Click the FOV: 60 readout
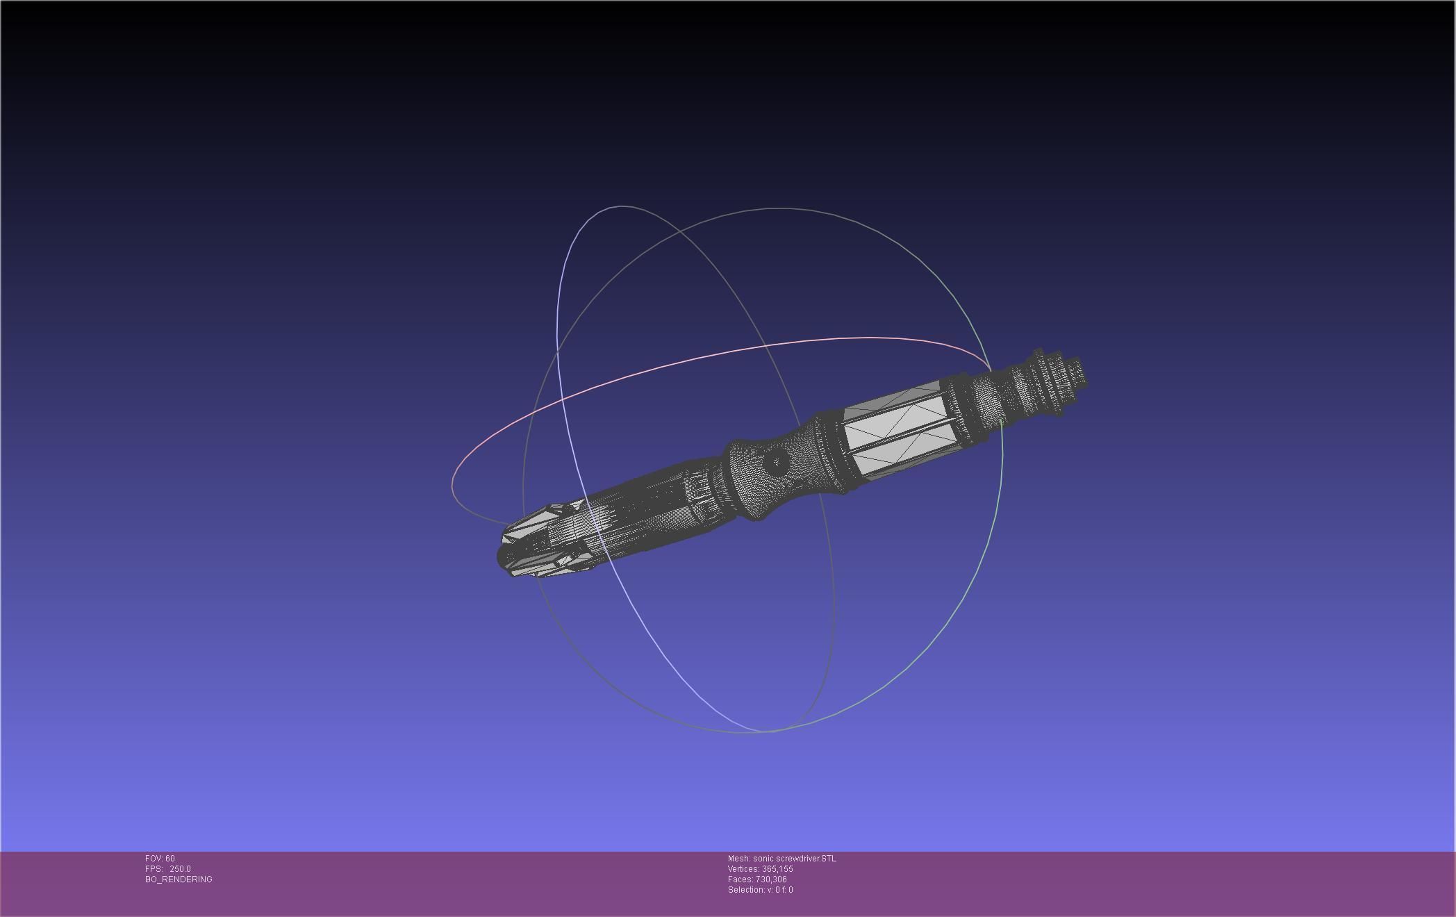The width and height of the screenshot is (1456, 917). click(160, 859)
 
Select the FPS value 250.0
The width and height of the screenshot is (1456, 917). click(180, 869)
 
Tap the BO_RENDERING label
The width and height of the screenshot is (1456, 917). click(179, 879)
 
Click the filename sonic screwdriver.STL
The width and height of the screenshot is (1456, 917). click(795, 859)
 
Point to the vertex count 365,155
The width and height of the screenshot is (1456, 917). click(777, 869)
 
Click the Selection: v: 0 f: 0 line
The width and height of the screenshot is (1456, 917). click(760, 890)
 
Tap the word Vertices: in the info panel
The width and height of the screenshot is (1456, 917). click(743, 869)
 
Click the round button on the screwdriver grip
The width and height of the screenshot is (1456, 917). click(775, 461)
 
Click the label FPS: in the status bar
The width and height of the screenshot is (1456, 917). click(154, 869)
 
